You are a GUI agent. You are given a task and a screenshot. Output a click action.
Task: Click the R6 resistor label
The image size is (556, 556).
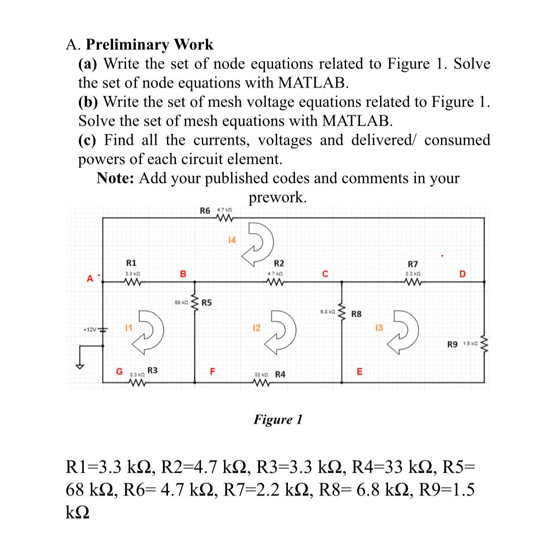click(205, 210)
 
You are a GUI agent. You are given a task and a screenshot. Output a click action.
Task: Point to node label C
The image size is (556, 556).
click(325, 274)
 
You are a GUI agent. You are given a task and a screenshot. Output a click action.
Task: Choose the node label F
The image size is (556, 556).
click(213, 371)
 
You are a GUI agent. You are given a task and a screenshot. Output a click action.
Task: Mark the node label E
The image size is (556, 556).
click(359, 372)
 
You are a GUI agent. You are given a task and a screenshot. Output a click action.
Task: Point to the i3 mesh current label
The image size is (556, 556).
click(379, 329)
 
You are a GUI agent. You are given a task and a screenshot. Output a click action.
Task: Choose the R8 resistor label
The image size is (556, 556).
click(356, 314)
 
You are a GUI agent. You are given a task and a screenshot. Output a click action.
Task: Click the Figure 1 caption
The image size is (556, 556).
click(278, 419)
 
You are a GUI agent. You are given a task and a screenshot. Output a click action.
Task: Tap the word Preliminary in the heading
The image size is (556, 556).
click(128, 45)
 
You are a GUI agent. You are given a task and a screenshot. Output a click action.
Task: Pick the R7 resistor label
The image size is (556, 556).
click(413, 264)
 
